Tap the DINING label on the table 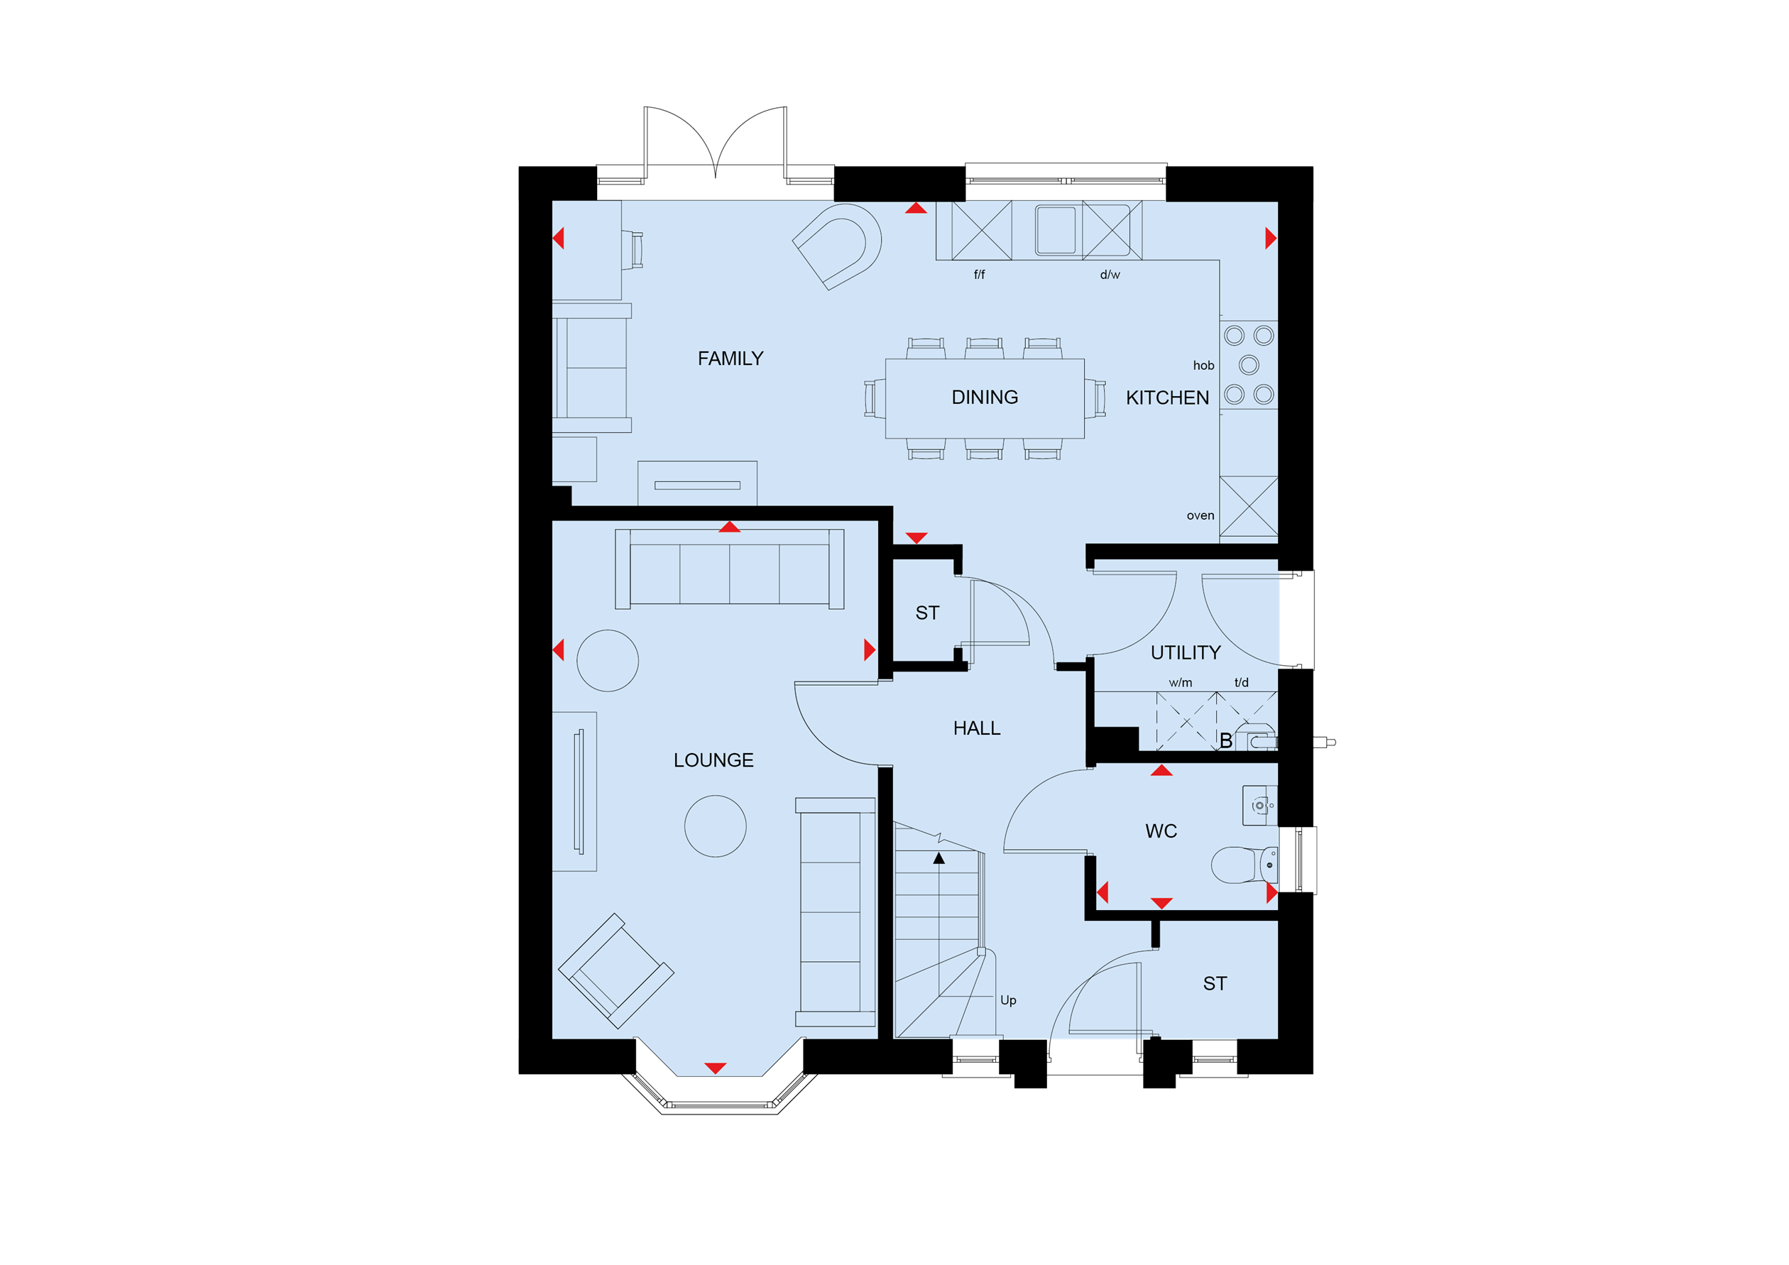pyautogui.click(x=984, y=398)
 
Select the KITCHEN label pyautogui.click(x=1167, y=398)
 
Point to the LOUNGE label pyautogui.click(x=713, y=760)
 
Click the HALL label pyautogui.click(x=976, y=728)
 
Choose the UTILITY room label pyautogui.click(x=1185, y=653)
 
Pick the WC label pyautogui.click(x=1161, y=831)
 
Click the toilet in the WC pyautogui.click(x=1244, y=865)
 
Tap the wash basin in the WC pyautogui.click(x=1259, y=806)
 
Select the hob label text pyautogui.click(x=1203, y=366)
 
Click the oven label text pyautogui.click(x=1200, y=515)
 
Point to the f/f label pyautogui.click(x=980, y=274)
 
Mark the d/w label pyautogui.click(x=1110, y=274)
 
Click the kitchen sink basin pyautogui.click(x=1056, y=230)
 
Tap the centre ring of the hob pyautogui.click(x=1249, y=365)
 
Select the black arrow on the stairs pyautogui.click(x=939, y=858)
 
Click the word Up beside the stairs pyautogui.click(x=1008, y=1000)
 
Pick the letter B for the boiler pyautogui.click(x=1225, y=741)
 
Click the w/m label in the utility pyautogui.click(x=1181, y=682)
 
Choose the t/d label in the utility pyautogui.click(x=1241, y=682)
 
